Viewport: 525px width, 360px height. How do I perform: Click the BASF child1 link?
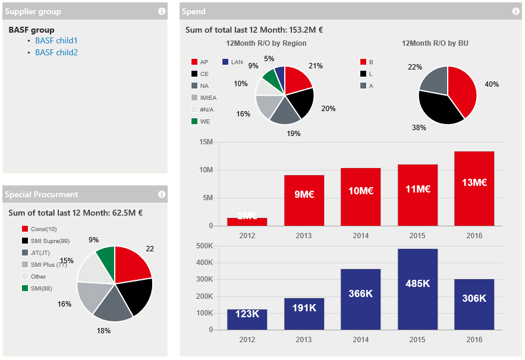(x=56, y=41)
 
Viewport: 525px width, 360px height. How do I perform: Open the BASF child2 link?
(x=56, y=52)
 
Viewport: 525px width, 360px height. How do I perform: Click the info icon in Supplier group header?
(x=162, y=11)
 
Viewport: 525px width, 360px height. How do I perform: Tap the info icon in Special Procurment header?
(x=162, y=194)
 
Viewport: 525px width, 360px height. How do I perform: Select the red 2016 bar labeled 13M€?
(x=474, y=188)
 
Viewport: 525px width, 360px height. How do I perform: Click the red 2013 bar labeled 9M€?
(x=304, y=200)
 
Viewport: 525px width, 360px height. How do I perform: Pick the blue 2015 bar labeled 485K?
(x=417, y=289)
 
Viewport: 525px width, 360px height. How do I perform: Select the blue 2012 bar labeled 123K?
(x=247, y=319)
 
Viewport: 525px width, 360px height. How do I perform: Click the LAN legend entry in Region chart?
(x=232, y=62)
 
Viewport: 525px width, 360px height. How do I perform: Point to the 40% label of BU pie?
(x=491, y=84)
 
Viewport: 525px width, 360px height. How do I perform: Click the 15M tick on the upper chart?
(x=206, y=142)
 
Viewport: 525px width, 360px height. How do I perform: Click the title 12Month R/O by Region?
(x=266, y=43)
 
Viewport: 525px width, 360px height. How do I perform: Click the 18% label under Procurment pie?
(x=103, y=331)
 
